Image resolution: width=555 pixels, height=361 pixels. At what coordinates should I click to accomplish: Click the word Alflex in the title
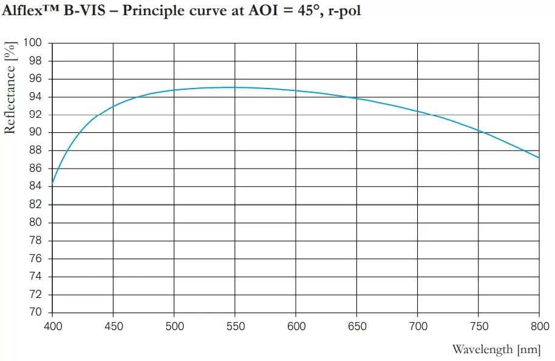25,12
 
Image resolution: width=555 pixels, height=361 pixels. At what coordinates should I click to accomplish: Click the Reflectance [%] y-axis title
10,91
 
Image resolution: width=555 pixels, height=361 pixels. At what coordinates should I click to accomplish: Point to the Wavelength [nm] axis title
495,349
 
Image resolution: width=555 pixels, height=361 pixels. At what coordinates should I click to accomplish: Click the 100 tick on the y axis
34,43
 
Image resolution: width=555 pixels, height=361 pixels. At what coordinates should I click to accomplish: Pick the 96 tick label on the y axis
37,79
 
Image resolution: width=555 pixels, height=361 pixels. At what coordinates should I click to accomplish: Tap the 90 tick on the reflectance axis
37,133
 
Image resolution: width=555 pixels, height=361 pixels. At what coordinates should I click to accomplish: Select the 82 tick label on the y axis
37,205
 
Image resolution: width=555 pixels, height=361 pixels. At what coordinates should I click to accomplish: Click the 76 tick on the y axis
37,259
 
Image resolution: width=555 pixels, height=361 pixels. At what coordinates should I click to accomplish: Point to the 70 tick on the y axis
37,313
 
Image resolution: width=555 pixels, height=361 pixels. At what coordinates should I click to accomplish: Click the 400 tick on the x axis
52,327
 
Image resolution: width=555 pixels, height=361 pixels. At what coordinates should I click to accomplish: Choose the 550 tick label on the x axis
235,327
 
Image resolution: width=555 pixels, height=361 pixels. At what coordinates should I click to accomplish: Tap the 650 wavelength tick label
357,327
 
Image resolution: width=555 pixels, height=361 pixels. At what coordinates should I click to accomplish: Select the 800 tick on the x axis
539,327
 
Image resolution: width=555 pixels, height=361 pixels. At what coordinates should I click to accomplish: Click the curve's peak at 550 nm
235,87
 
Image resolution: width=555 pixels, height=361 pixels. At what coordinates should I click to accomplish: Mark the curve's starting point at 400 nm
52,183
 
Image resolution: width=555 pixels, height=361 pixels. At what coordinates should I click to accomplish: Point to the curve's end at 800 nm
539,158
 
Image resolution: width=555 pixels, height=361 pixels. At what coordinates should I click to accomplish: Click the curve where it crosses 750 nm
478,130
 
